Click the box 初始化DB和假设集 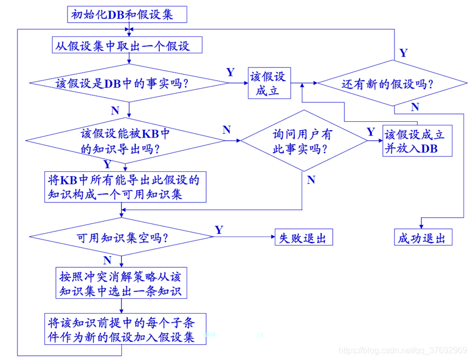coord(127,14)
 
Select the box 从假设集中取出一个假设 coord(128,46)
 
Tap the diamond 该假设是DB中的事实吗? coord(128,83)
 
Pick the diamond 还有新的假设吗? coord(393,83)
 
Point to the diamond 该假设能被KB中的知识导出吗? coord(128,141)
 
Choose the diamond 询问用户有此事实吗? coord(303,141)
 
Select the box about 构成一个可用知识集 coord(124,187)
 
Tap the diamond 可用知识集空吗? coord(122,237)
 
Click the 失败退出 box coord(302,238)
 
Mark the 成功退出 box coord(421,238)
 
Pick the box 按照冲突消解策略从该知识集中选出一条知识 coord(121,283)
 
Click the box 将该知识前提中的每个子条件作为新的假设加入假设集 coord(124,329)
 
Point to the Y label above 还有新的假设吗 coord(403,53)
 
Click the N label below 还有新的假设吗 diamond coord(415,107)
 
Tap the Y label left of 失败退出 coord(219,230)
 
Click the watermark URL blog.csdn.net coord(403,351)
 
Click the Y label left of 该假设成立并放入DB coord(371,131)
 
